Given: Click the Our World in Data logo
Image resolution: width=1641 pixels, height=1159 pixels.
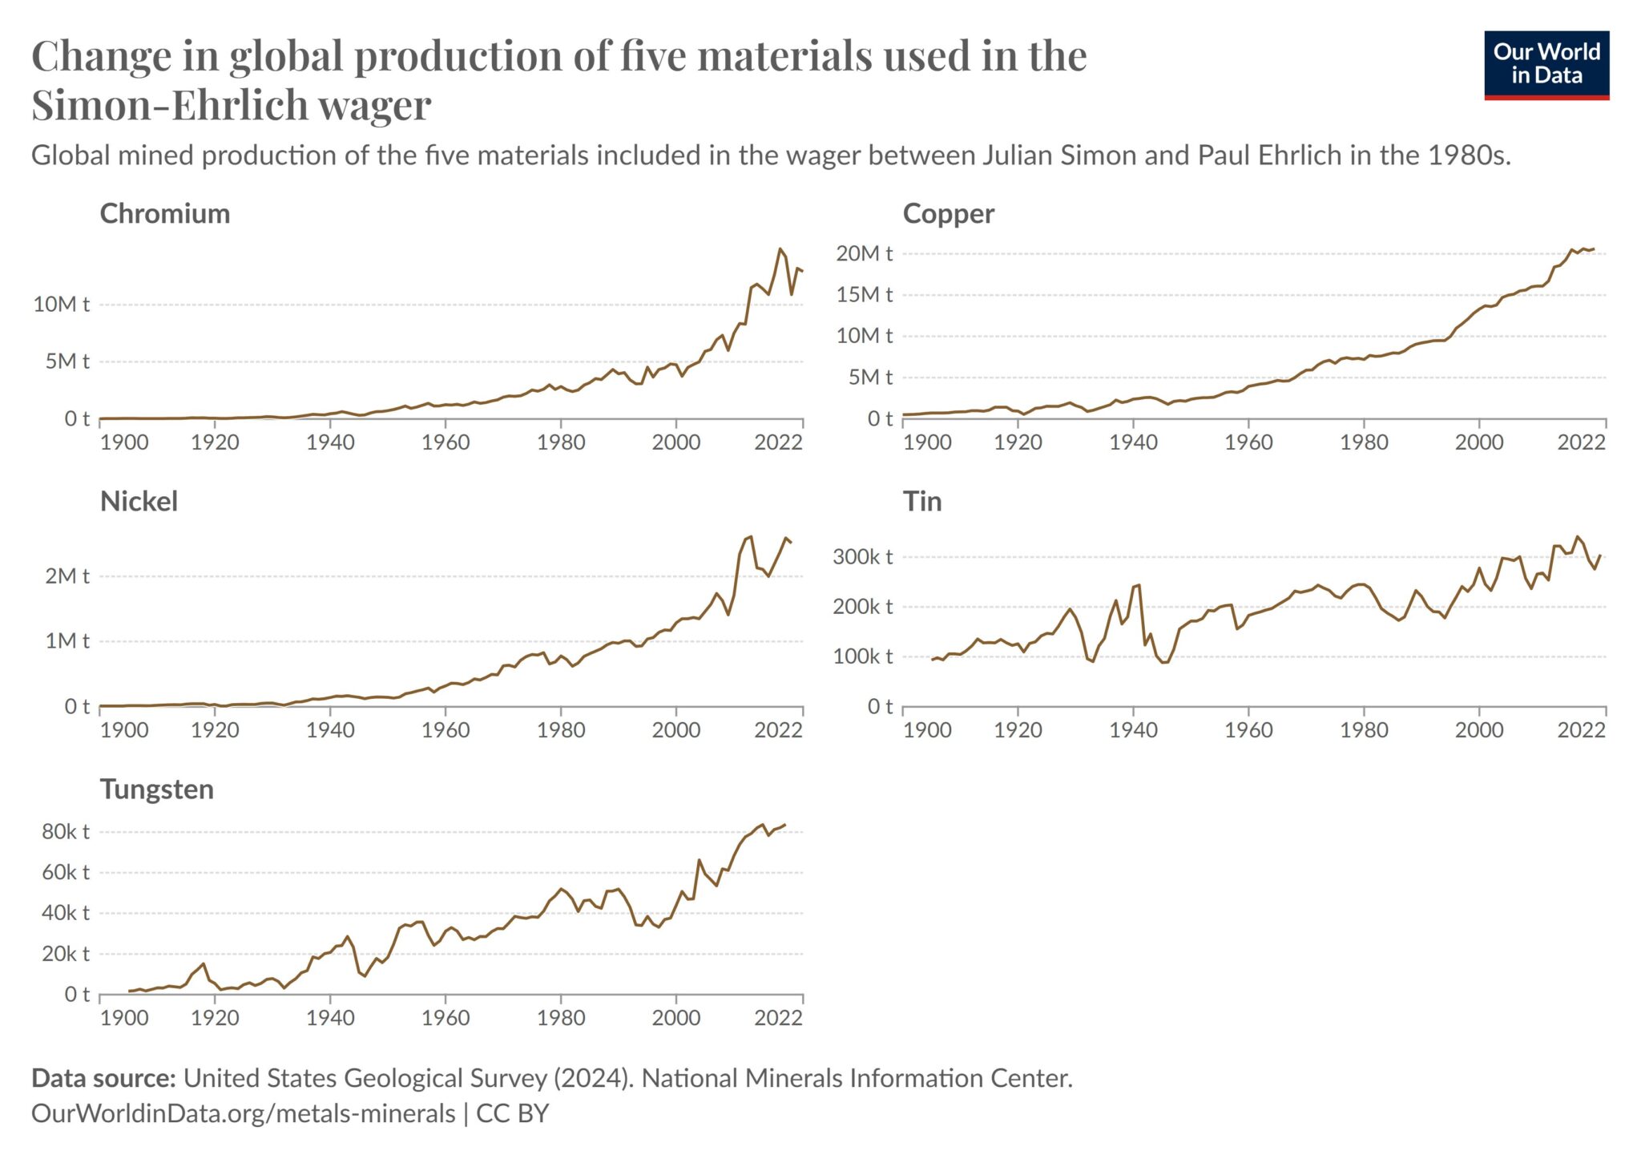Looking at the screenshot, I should pos(1546,65).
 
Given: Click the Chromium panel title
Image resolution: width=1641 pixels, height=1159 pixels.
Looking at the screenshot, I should pos(164,213).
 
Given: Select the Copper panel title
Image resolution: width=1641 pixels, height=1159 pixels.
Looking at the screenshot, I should pos(948,213).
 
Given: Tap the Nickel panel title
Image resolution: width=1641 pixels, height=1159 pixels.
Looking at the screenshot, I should pos(139,501).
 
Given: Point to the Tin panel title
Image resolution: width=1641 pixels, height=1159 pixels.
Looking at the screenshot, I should pos(922,501).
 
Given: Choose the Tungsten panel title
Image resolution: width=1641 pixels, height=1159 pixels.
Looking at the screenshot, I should pos(156,789).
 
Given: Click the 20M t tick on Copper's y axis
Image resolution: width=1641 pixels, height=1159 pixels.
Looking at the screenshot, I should pos(863,253).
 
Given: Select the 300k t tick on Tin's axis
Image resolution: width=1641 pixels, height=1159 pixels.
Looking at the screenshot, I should pos(861,556).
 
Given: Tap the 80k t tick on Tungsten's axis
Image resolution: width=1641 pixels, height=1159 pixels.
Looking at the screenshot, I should pos(65,831).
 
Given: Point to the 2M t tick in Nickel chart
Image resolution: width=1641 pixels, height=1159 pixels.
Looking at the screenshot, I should pos(67,575).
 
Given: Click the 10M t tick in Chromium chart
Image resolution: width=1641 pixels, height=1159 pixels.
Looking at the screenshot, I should pos(61,304).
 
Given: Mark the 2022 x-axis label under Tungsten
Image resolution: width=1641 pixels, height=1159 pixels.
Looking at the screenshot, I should pos(777,1017).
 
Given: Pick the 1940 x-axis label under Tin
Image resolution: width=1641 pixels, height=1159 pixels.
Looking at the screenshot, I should pos(1133,729).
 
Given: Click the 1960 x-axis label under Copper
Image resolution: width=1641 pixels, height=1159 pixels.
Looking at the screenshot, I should pos(1248,442).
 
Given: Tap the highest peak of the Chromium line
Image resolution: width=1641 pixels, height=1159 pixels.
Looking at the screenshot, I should pos(780,248).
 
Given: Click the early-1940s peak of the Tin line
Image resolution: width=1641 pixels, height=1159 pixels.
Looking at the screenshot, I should pos(1139,585).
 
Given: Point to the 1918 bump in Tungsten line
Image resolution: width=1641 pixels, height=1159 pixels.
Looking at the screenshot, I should pos(204,963).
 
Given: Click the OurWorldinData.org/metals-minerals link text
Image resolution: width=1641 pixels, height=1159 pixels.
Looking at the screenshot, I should pos(243,1113).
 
